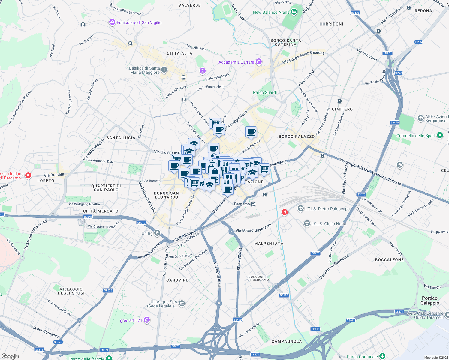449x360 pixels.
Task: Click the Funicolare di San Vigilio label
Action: click(139, 22)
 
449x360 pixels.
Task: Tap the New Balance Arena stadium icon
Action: click(294, 12)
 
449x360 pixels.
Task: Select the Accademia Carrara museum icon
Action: click(259, 62)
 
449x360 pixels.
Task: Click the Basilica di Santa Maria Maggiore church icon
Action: click(164, 70)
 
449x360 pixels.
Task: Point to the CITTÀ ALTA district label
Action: click(179, 53)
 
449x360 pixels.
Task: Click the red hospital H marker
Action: click(285, 212)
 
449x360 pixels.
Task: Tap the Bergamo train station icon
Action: click(253, 204)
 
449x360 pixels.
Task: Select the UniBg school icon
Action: click(157, 233)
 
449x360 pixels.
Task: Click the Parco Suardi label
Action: click(265, 92)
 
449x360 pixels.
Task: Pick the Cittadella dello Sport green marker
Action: click(440, 136)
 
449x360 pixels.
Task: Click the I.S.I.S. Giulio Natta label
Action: click(329, 224)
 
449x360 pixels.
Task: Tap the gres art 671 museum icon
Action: click(147, 320)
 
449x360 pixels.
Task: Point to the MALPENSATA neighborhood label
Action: click(269, 244)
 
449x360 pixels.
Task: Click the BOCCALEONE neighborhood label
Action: click(389, 260)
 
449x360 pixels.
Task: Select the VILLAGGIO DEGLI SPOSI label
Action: click(71, 291)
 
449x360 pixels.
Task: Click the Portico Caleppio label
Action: click(430, 301)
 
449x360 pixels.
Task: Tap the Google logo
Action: click(10, 356)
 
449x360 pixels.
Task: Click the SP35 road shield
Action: click(418, 42)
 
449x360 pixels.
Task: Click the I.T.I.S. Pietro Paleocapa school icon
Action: click(300, 209)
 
